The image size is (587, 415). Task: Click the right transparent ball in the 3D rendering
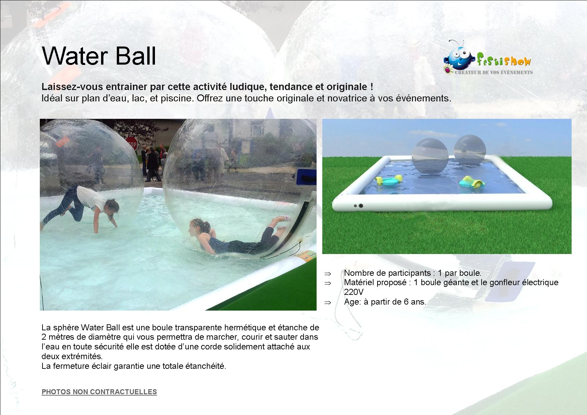pos(470,150)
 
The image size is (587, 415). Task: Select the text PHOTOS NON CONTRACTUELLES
pos(99,392)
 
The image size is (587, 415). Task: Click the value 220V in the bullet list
pos(353,292)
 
